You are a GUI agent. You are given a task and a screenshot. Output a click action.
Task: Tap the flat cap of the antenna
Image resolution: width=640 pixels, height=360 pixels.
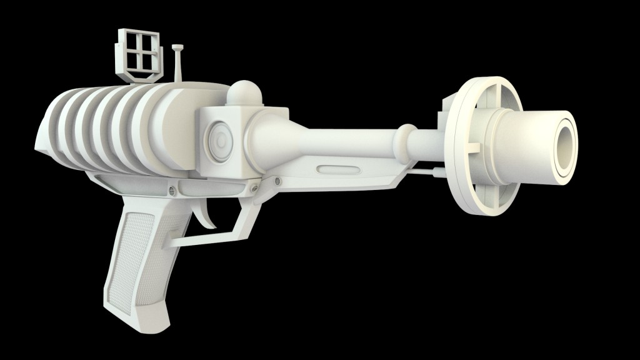(177, 47)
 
